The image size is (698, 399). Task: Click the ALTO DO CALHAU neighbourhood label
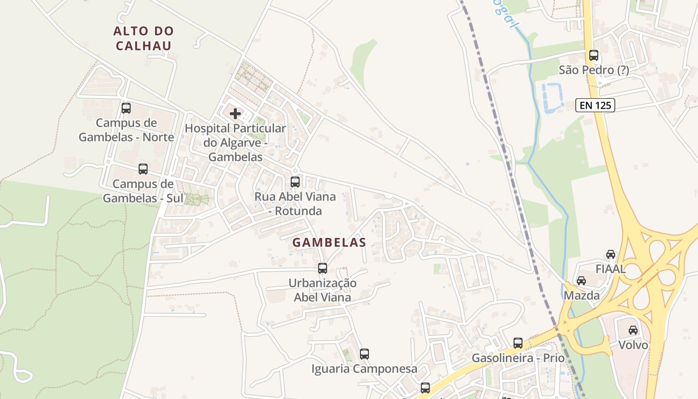(144, 38)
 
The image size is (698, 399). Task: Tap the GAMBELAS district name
(329, 243)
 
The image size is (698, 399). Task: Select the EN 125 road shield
(595, 105)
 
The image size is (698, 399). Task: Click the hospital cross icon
(235, 114)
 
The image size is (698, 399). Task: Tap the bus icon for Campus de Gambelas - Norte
(126, 108)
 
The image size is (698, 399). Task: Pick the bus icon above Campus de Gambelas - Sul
(143, 169)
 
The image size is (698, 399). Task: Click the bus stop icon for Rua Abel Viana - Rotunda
(295, 182)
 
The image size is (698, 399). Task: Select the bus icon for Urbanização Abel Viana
(323, 268)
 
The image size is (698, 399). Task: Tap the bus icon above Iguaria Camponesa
(364, 354)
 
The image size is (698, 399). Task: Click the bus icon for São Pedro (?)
(593, 55)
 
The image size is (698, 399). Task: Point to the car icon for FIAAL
(611, 254)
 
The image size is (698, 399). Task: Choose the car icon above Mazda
(581, 281)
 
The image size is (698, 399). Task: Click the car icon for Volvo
(633, 330)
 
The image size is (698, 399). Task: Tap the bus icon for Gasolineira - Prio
(518, 343)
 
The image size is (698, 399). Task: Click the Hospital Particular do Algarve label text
(235, 143)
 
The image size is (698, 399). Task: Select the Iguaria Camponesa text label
(364, 369)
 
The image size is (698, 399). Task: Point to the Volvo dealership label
(633, 345)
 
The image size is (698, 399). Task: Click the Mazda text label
(581, 296)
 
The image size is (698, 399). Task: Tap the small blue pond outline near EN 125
(552, 98)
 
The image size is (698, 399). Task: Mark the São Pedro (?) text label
(593, 70)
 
